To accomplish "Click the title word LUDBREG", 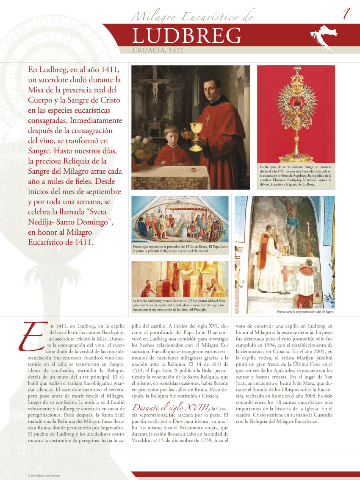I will (x=187, y=36).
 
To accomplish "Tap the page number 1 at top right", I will (x=346, y=14).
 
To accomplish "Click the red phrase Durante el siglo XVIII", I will (x=171, y=408).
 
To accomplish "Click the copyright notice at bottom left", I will (x=44, y=476).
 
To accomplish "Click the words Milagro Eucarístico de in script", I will (x=193, y=17).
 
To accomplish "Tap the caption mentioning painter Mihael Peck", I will (x=180, y=305).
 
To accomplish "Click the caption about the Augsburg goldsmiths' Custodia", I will (x=296, y=176).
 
